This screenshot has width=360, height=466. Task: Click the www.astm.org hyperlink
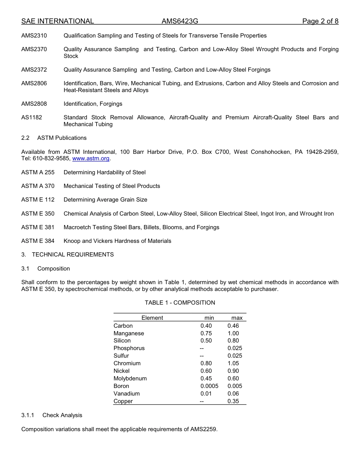pyautogui.click(x=91, y=159)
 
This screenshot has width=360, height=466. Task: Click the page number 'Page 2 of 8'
pyautogui.click(x=320, y=21)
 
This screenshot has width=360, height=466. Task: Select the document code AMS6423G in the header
pyautogui.click(x=180, y=21)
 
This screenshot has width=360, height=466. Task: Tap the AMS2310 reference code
pyautogui.click(x=34, y=36)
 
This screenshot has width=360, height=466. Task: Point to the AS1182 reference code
pyautogui.click(x=32, y=117)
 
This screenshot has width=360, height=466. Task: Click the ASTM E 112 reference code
pyautogui.click(x=38, y=200)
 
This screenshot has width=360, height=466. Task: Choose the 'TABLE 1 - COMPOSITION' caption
pyautogui.click(x=180, y=303)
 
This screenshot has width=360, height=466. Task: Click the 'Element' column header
pyautogui.click(x=152, y=318)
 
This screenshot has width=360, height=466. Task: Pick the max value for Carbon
pyautogui.click(x=233, y=326)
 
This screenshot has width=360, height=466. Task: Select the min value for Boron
pyautogui.click(x=209, y=386)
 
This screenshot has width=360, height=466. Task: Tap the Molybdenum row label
pyautogui.click(x=130, y=378)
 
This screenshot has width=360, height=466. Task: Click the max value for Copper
pyautogui.click(x=233, y=401)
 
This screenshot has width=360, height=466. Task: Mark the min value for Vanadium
pyautogui.click(x=206, y=394)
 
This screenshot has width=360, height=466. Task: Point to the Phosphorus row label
pyautogui.click(x=129, y=348)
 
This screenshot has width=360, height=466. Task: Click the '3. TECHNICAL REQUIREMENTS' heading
pyautogui.click(x=67, y=255)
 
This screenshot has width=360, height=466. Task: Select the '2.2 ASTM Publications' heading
pyautogui.click(x=54, y=138)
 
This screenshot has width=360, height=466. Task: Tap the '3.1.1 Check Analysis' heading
pyautogui.click(x=52, y=415)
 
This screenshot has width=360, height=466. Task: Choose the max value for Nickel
pyautogui.click(x=233, y=371)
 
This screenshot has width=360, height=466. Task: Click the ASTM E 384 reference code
pyautogui.click(x=38, y=241)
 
